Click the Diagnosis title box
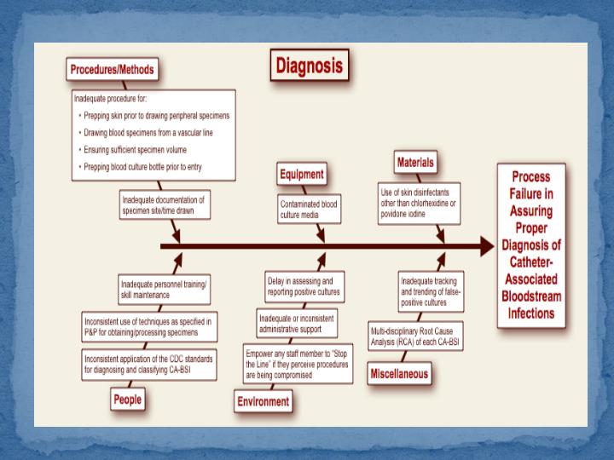coord(309,65)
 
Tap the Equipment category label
coord(302,175)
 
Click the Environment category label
coord(263,401)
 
